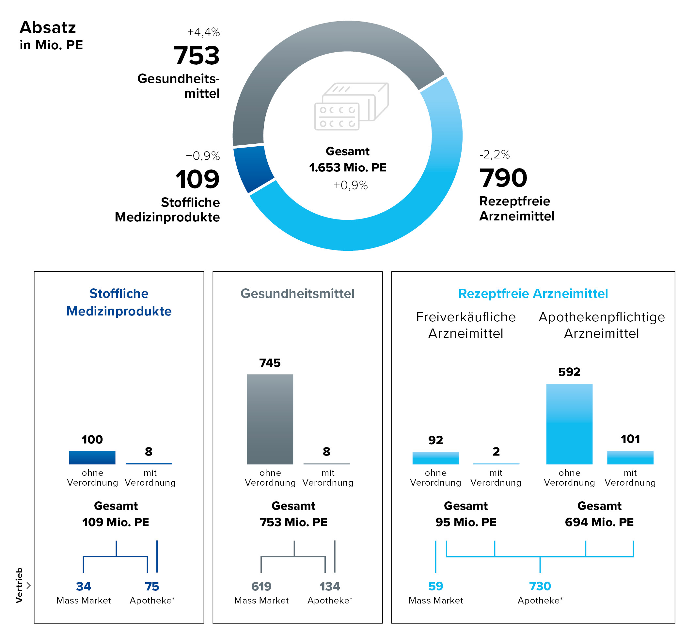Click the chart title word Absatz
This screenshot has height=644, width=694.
(x=47, y=28)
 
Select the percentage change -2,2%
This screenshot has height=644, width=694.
(x=494, y=154)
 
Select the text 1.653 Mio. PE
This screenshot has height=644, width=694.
(x=347, y=168)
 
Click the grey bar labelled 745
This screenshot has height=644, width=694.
(x=270, y=419)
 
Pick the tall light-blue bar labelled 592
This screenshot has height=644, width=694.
(x=569, y=424)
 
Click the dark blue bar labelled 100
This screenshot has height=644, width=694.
(x=92, y=457)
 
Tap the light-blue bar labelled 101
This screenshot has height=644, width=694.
(x=630, y=457)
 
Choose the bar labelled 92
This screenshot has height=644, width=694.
(x=435, y=458)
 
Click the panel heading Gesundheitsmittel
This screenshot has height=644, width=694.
(x=297, y=293)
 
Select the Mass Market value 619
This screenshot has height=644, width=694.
(x=261, y=587)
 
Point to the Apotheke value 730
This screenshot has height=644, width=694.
(x=540, y=586)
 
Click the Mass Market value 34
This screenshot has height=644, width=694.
(x=83, y=587)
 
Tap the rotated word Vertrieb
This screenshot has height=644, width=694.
(x=19, y=586)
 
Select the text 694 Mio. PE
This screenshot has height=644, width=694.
(x=599, y=522)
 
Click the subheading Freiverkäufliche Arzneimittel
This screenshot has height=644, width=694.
(x=465, y=325)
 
